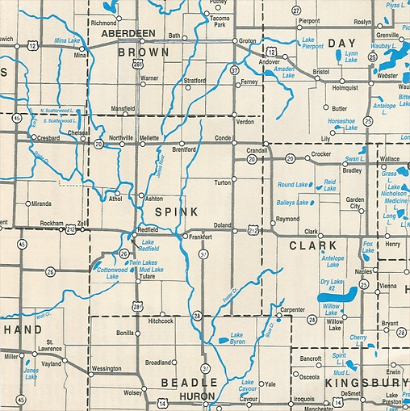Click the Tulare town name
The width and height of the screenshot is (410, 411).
[147, 277]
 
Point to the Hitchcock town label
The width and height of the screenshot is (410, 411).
[161, 321]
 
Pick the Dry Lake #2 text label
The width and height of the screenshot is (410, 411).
[332, 284]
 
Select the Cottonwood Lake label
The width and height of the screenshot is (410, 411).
[107, 273]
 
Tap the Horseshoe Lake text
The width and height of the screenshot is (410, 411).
[341, 124]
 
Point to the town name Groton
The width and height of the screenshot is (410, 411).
[247, 40]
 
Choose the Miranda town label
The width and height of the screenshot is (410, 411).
[41, 203]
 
